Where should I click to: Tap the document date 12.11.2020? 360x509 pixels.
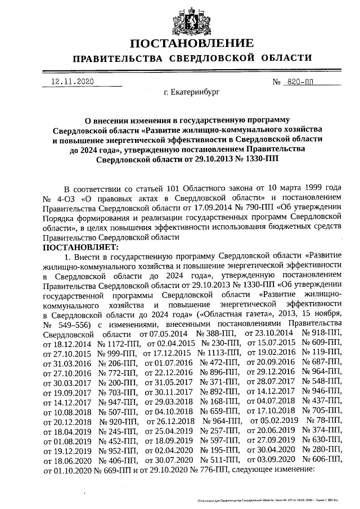point(71,82)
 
